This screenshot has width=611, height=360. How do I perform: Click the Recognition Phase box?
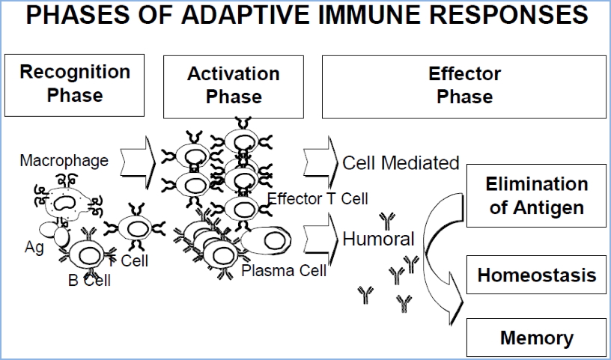pyautogui.click(x=75, y=84)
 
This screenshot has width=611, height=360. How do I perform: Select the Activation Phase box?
pyautogui.click(x=234, y=85)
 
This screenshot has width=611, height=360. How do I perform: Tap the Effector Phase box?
pyautogui.click(x=464, y=85)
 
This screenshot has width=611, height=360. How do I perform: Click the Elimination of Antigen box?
pyautogui.click(x=536, y=196)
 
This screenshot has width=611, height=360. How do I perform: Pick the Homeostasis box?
pyautogui.click(x=536, y=275)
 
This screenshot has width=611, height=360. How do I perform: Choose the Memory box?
pyautogui.click(x=536, y=338)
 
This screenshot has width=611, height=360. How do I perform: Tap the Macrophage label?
pyautogui.click(x=64, y=160)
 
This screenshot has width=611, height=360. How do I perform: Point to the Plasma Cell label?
pyautogui.click(x=284, y=270)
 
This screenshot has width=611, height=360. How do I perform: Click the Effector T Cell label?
pyautogui.click(x=317, y=198)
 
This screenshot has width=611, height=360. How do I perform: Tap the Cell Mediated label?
pyautogui.click(x=401, y=163)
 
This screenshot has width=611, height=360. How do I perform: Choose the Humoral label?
pyautogui.click(x=378, y=240)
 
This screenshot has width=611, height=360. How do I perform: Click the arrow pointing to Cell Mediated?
pyautogui.click(x=320, y=161)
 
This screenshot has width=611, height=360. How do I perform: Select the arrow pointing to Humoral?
pyautogui.click(x=320, y=235)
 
